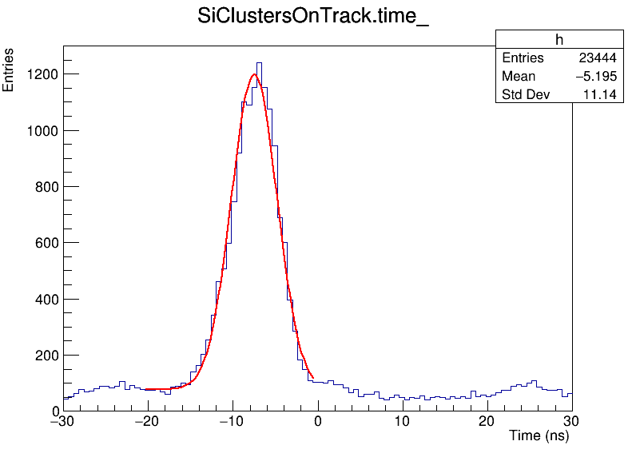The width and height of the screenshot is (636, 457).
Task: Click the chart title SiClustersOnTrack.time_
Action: pos(313,18)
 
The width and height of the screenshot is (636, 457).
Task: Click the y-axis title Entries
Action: pos(9,70)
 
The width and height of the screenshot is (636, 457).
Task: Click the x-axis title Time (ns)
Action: pos(539,436)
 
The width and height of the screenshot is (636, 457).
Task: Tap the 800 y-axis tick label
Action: pos(45,187)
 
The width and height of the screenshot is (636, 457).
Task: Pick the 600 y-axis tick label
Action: pos(45,243)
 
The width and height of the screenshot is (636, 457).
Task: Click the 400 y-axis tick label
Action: pos(45,299)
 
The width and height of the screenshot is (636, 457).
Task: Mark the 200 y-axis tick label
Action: pos(45,356)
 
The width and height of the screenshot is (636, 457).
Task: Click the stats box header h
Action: pos(559,40)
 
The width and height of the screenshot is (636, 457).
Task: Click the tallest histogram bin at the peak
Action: pos(259,64)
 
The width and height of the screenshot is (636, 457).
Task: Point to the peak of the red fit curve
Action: pos(255,74)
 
